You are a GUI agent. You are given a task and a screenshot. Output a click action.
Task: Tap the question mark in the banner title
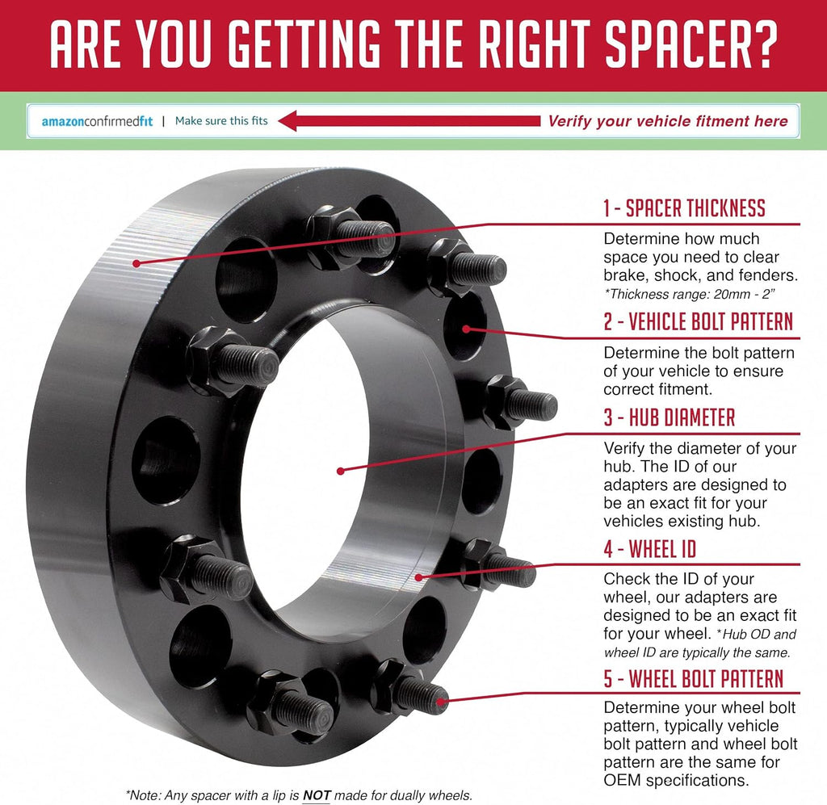tap(766, 44)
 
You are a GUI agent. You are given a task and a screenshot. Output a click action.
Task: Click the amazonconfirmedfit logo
tap(97, 122)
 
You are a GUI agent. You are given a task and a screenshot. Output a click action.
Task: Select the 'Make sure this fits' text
tap(221, 121)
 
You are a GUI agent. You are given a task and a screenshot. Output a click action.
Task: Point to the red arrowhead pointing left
tap(288, 121)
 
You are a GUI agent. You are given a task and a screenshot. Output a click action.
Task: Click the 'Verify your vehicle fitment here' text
tap(668, 121)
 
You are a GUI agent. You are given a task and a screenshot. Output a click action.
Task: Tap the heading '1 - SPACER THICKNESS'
tap(685, 209)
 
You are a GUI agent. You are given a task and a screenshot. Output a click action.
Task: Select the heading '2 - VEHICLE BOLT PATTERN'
tap(699, 321)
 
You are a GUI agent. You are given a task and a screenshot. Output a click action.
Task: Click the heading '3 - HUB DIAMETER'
tap(670, 417)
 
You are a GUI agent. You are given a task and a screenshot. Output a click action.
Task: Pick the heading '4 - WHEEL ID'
tap(650, 549)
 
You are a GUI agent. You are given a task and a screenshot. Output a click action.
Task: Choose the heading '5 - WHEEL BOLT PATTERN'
tap(694, 679)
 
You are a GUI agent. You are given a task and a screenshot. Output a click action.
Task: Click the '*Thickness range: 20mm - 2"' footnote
tap(690, 294)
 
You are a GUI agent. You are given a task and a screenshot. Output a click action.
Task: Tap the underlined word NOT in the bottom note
tap(317, 795)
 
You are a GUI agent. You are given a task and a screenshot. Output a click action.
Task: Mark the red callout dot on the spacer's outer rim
tap(136, 263)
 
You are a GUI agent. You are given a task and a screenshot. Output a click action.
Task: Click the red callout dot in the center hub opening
tap(340, 471)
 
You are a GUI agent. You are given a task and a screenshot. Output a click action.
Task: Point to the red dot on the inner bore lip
tap(419, 577)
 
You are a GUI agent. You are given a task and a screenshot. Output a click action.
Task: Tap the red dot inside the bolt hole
tap(466, 329)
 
